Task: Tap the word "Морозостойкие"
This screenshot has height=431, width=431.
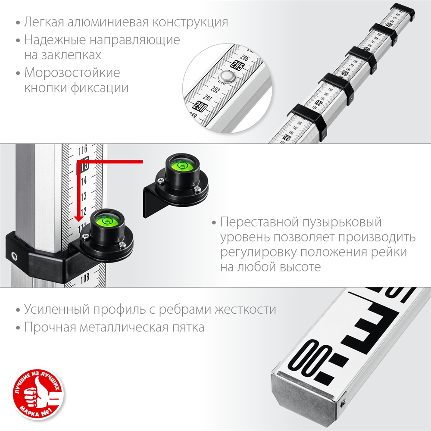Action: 72,72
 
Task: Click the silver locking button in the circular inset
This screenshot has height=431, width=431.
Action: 226,78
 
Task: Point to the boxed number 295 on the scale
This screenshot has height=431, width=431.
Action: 236,66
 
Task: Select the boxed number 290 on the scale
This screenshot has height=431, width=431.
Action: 200,106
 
